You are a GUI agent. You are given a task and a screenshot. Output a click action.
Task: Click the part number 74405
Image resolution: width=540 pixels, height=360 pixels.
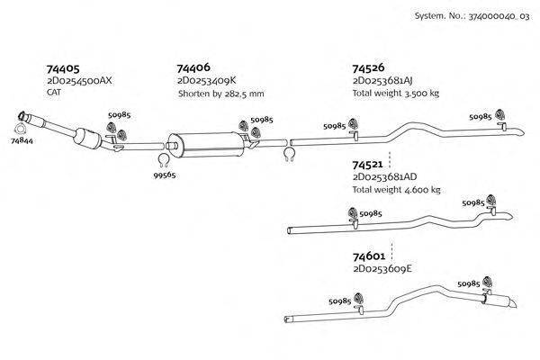point(63,68)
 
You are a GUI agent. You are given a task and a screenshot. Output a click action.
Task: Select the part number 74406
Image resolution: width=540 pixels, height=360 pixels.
point(194,68)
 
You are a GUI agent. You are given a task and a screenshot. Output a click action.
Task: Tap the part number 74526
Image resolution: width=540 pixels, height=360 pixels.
point(369,68)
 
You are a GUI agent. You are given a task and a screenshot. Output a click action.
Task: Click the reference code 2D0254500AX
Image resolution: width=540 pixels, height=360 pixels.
point(79,81)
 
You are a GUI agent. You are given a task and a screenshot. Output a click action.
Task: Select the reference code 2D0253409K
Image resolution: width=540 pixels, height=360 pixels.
point(211,81)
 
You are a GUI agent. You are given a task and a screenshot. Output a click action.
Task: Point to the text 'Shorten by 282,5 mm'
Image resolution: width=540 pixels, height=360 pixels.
point(220,94)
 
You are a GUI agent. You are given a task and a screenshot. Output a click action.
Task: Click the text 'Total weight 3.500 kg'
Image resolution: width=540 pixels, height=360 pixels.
point(395,94)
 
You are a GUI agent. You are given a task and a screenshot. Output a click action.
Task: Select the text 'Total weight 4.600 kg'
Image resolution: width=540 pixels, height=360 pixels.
point(397,190)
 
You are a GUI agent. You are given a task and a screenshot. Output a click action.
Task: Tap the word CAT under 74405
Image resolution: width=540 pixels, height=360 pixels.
point(54,93)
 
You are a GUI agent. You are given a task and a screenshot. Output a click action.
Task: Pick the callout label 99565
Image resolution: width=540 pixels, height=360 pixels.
point(164,175)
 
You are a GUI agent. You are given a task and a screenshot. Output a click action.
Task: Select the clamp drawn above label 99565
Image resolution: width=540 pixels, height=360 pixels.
point(164,160)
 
